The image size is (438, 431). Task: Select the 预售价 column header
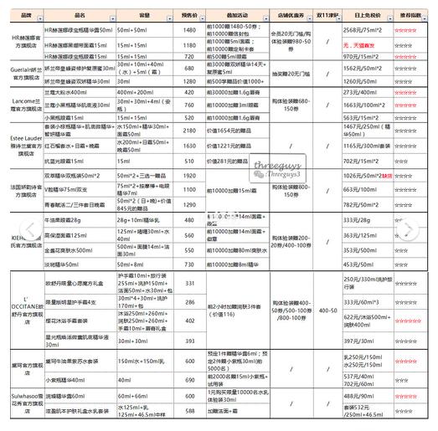[189, 15]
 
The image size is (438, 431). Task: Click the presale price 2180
[189, 131]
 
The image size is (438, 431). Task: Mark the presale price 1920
[189, 177]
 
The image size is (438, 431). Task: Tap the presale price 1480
[189, 29]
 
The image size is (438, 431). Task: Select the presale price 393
[189, 341]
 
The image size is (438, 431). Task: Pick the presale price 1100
[189, 191]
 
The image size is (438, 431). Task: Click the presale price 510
[189, 162]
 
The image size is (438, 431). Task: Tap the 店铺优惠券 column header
[286, 15]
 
